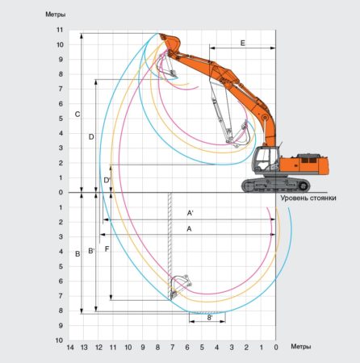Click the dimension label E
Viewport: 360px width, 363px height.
point(243,43)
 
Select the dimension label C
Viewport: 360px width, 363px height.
point(77,115)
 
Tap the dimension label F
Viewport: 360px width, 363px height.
point(107,249)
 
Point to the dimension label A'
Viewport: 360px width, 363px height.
point(190,213)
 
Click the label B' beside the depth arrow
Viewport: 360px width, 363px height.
point(91,251)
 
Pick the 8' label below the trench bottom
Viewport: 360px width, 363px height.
point(210,318)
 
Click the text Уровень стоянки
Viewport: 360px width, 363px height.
point(308,198)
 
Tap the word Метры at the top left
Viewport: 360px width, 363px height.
point(56,15)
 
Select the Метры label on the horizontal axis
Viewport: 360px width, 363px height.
point(301,347)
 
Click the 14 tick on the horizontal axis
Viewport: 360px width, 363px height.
point(70,348)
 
